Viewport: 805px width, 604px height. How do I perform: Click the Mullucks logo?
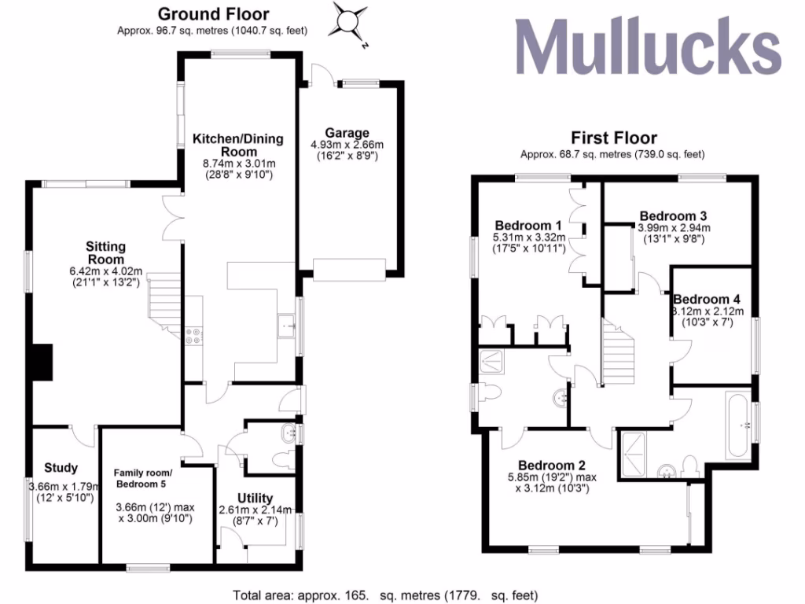648,46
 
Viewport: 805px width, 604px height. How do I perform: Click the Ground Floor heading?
213,14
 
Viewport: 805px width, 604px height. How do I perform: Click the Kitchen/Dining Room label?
238,145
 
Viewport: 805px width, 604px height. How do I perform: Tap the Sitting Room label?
106,252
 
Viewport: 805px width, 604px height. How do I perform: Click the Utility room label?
255,498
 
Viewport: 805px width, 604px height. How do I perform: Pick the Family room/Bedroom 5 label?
153,477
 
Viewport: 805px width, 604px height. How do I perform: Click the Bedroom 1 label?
523,226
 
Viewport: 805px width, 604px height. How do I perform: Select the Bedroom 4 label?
706,299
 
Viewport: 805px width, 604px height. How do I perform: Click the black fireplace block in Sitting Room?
42,363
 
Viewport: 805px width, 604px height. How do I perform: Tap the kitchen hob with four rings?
193,336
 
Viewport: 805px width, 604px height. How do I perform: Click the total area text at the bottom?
385,595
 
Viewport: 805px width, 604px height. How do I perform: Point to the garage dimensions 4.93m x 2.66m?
347,145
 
